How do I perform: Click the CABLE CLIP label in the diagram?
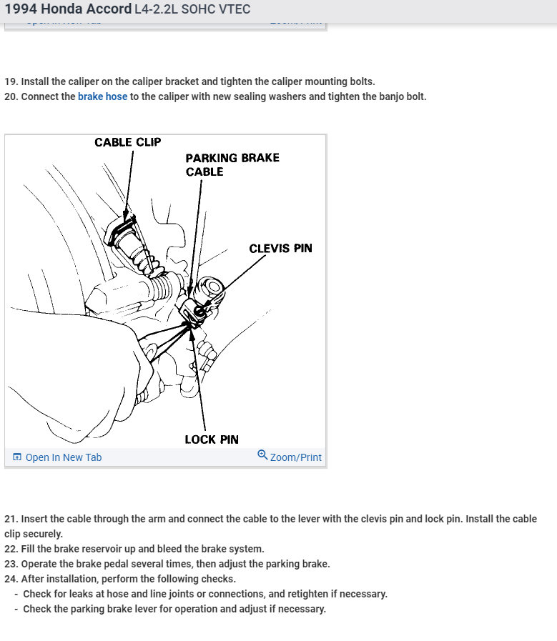(128, 142)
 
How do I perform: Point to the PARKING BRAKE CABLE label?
(232, 164)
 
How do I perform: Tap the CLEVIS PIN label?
(280, 249)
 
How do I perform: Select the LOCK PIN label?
(211, 439)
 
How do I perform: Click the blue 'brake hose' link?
(102, 96)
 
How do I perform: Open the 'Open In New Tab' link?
(64, 457)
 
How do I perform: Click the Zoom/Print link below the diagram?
(295, 457)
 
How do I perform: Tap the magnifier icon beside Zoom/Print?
(262, 455)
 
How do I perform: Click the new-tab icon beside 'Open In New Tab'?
(17, 457)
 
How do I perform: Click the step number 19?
(10, 81)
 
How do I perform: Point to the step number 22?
(10, 549)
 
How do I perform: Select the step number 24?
(10, 579)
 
